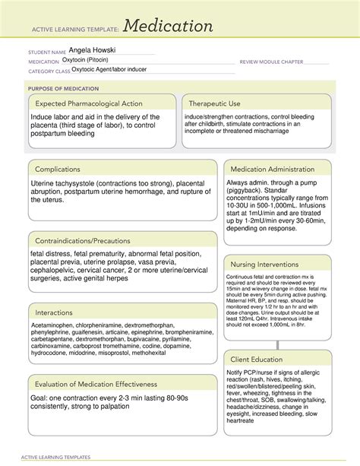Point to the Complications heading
pyautogui.click(x=64, y=169)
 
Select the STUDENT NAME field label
pyautogui.click(x=41, y=50)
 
